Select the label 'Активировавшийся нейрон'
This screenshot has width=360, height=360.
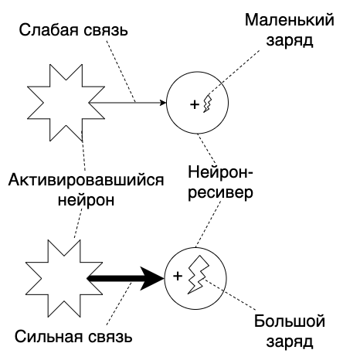[87, 189]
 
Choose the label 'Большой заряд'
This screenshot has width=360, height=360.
[289, 330]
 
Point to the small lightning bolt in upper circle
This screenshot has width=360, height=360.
[207, 103]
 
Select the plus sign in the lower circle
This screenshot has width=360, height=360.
[177, 276]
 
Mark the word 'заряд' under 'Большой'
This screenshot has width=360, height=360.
[289, 340]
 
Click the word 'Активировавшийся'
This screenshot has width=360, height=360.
[87, 180]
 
